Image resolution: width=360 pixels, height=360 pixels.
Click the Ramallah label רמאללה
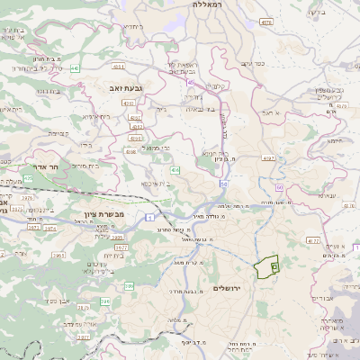click(213, 4)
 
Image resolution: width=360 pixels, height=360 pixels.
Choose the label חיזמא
click(335, 139)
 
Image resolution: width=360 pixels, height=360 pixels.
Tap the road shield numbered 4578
click(265, 21)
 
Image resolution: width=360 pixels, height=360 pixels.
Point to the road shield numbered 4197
click(267, 157)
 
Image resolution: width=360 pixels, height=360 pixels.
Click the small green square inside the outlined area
click(274, 266)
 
